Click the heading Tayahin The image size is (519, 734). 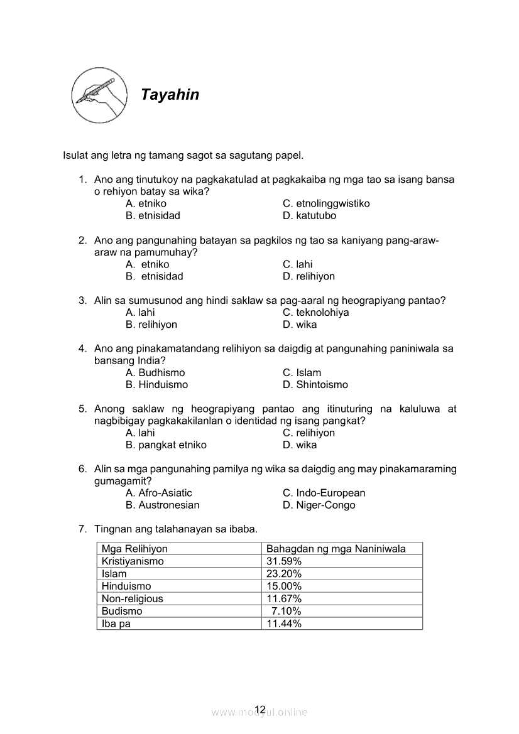(x=170, y=95)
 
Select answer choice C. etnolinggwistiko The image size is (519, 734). (x=326, y=203)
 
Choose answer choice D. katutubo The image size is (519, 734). (x=309, y=215)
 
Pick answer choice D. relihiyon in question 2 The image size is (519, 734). (x=309, y=276)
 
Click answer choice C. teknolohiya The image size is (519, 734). (x=315, y=312)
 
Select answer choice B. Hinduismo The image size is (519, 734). (x=156, y=384)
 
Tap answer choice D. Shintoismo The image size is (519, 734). (x=315, y=384)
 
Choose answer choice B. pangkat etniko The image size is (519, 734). (x=166, y=445)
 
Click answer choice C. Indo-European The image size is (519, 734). (x=324, y=493)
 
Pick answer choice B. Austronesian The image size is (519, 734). (x=162, y=505)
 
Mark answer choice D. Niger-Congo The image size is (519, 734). (x=319, y=505)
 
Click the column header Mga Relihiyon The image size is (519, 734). (x=134, y=549)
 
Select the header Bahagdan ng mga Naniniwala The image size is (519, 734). (x=336, y=549)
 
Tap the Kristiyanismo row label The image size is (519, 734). (x=133, y=561)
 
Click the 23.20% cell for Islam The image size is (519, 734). (x=284, y=574)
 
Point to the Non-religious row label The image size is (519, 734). (x=132, y=598)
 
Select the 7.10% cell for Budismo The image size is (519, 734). (x=286, y=611)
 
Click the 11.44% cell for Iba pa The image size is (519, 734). (x=284, y=623)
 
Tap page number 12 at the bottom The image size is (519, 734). (x=260, y=710)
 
